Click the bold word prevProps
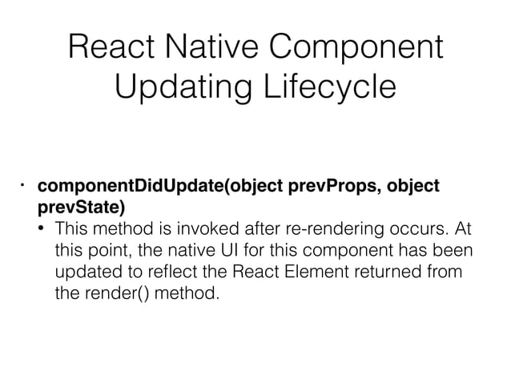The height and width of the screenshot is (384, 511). (x=334, y=187)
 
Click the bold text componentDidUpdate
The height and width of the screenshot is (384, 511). (x=132, y=187)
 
